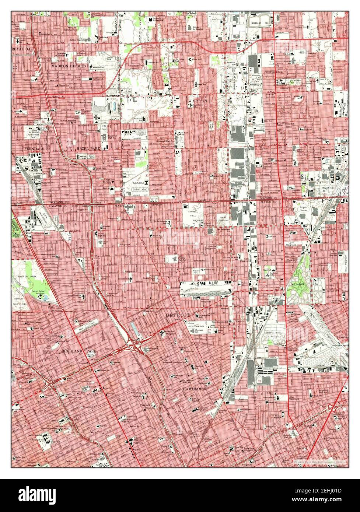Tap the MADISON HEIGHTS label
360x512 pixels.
click(69, 66)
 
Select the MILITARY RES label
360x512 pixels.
click(259, 23)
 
